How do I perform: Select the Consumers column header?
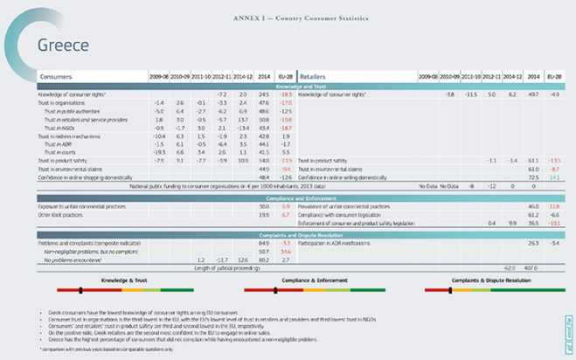point(55,77)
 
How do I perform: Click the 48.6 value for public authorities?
point(263,111)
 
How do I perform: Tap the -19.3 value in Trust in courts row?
point(158,153)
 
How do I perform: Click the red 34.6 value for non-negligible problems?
point(285,251)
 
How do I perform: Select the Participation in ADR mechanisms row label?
point(337,242)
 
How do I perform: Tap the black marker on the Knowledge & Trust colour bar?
point(80,289)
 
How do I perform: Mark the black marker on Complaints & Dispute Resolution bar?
point(468,289)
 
